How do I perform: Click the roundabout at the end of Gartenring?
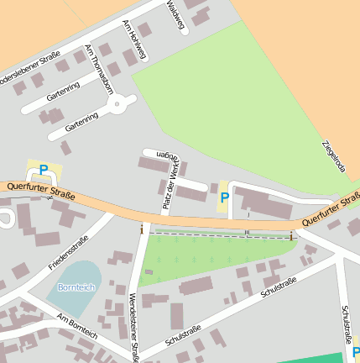click(118, 104)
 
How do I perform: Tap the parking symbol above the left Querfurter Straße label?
click(43, 169)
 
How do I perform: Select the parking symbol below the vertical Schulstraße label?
click(355, 354)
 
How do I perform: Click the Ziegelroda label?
click(333, 156)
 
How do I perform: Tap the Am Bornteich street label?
click(78, 328)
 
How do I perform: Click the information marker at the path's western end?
click(142, 229)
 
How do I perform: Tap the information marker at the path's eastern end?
click(291, 236)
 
